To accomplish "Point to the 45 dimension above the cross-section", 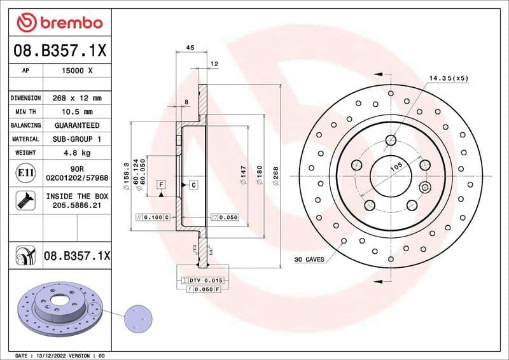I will point(190,46).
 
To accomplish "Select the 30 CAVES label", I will point(310,260).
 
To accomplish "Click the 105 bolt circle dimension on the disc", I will point(397,166).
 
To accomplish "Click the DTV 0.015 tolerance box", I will point(202,280).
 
